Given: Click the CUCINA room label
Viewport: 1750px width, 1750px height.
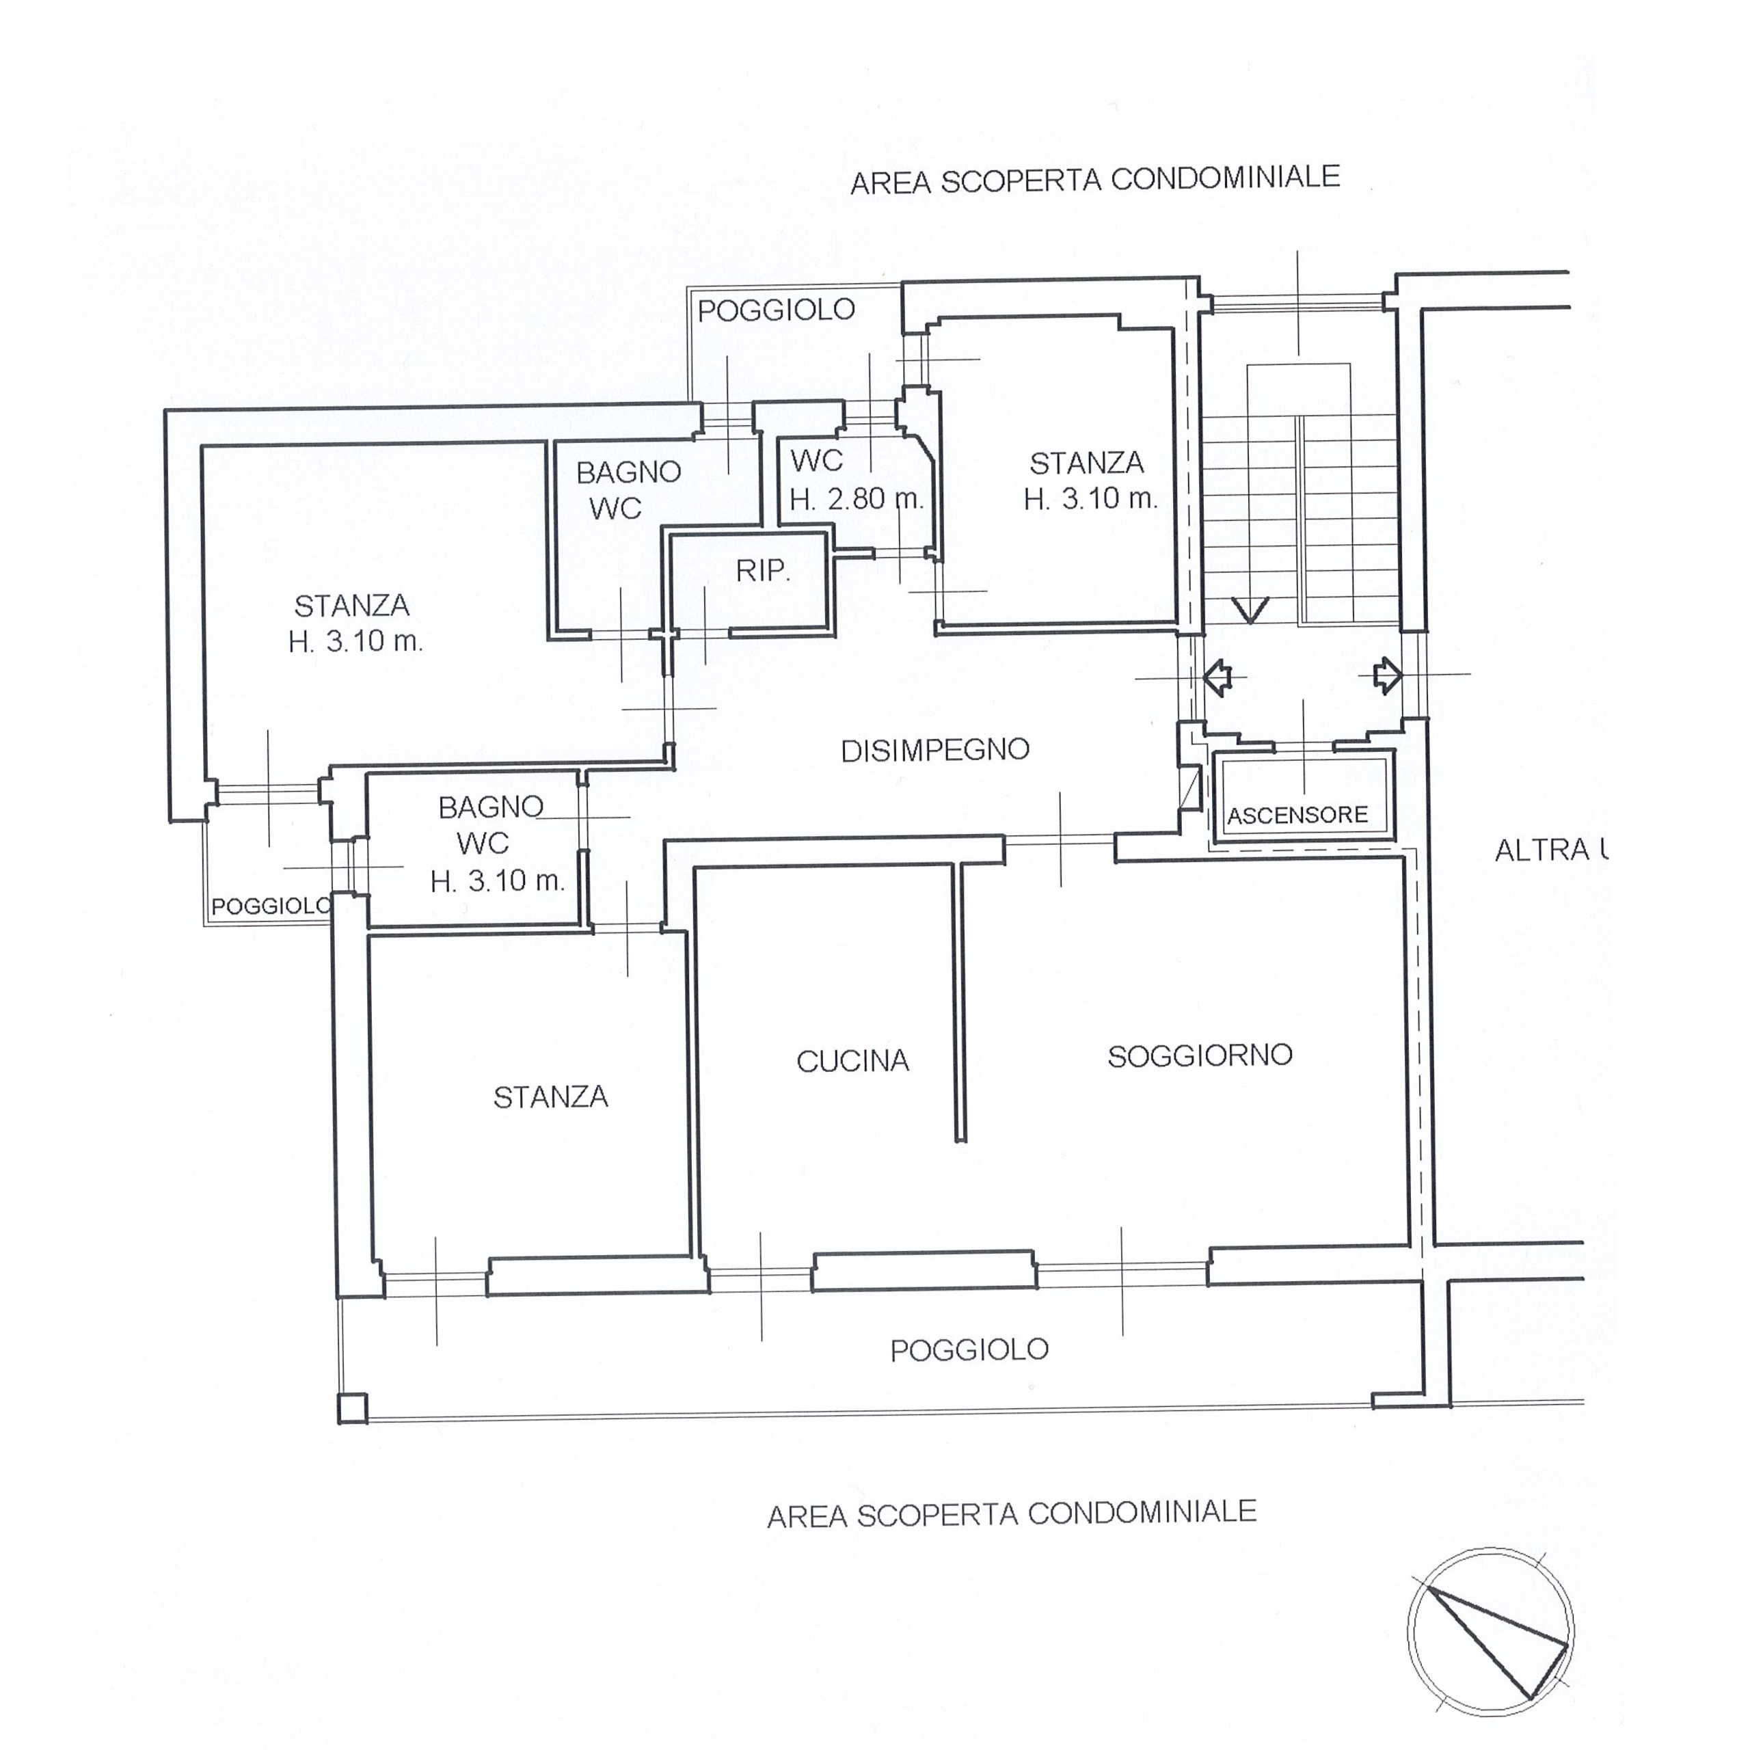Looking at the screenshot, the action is pos(852,1061).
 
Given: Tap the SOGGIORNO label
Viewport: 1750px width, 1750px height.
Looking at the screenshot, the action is pos(1200,1055).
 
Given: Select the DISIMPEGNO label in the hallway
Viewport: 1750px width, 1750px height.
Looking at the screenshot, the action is pos(934,750).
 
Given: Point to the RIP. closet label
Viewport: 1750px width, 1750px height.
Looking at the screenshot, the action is pos(763,571).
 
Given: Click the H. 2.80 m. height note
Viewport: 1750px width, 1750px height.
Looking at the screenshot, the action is pos(856,499).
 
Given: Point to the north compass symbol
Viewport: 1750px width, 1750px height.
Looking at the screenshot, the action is pos(1491,1633).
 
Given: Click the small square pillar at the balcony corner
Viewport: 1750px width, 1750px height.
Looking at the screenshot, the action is pos(352,1408).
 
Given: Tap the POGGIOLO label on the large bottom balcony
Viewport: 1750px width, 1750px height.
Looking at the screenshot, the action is pos(969,1351).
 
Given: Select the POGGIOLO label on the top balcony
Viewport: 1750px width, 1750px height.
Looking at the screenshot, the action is pos(777,310).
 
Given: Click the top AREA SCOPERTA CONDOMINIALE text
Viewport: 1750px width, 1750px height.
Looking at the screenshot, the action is pos(1095,179).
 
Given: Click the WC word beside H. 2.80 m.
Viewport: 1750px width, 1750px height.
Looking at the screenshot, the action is pos(817,461).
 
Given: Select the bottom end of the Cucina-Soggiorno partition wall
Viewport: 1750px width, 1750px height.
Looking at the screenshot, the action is pos(961,1140).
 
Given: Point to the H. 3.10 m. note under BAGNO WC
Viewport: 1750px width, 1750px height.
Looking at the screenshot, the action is pos(497,880).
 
